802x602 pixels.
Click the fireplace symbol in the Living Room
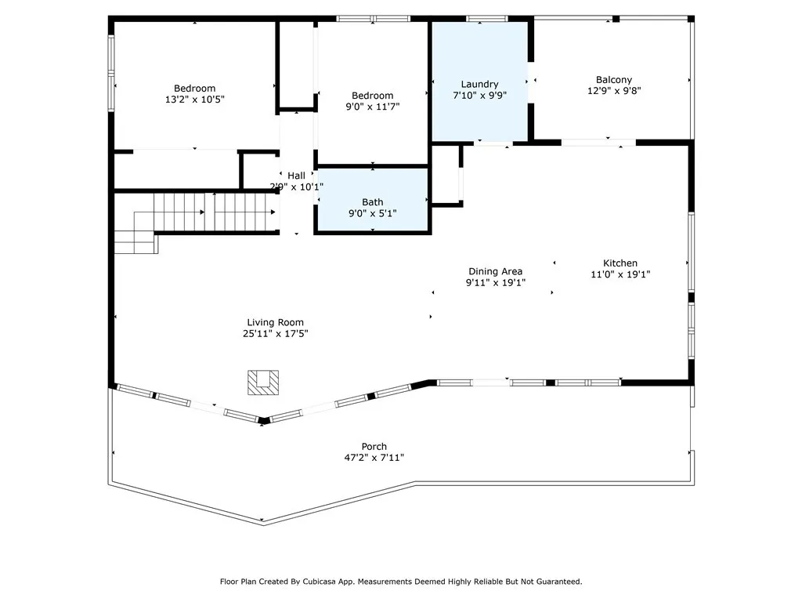[261, 382]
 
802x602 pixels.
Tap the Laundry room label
[479, 84]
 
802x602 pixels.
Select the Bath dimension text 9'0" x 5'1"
[373, 213]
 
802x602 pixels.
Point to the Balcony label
[613, 79]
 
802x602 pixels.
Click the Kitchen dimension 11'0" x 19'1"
[620, 274]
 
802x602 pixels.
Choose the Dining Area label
[495, 271]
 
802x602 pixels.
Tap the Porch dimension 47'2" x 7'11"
[374, 457]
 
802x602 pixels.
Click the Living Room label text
[275, 322]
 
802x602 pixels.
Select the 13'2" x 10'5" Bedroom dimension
[194, 100]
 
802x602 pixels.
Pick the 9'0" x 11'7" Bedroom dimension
[373, 107]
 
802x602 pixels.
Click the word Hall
[296, 176]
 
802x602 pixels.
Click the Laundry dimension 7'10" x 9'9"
[479, 95]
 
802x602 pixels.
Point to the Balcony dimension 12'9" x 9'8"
[613, 90]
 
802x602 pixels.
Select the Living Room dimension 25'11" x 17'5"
[275, 333]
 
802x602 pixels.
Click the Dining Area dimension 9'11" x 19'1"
[495, 282]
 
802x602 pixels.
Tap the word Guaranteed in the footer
[555, 582]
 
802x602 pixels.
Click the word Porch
[374, 446]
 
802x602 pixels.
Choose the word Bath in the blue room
[373, 202]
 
